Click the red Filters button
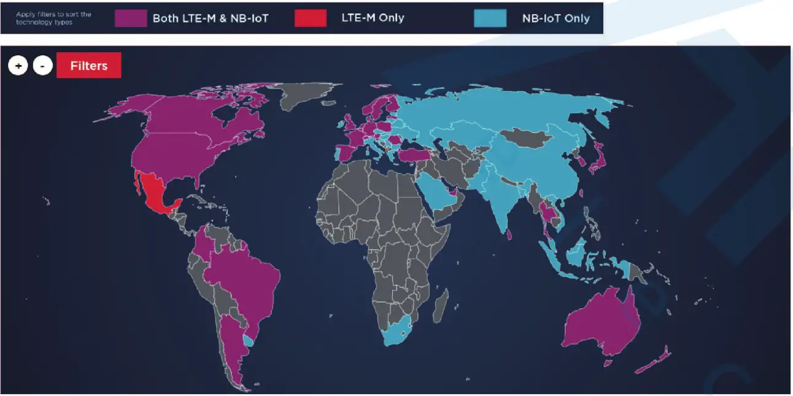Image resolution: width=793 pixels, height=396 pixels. coord(89,66)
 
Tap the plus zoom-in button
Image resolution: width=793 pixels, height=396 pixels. coord(18,66)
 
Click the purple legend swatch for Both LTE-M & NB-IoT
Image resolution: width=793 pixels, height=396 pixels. coord(130,18)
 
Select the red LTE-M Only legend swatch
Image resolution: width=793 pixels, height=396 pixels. coord(311,18)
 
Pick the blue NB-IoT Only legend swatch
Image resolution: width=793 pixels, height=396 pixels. coord(490,18)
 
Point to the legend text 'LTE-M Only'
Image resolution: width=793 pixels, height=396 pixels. coord(373,18)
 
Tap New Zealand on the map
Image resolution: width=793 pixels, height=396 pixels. coord(654,362)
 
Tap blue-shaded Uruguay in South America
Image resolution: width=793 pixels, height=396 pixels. coord(248,340)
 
